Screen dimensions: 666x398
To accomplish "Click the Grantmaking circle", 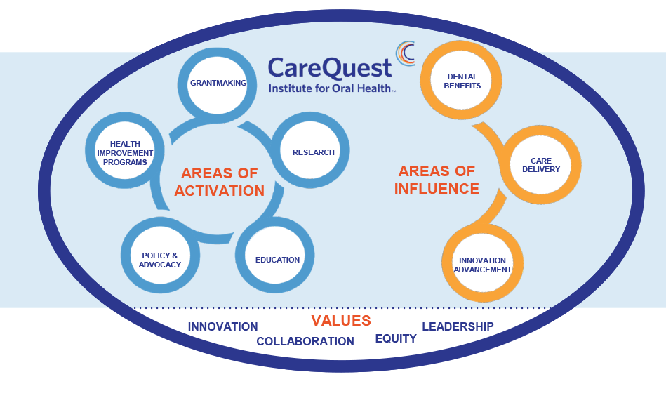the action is pyautogui.click(x=217, y=84).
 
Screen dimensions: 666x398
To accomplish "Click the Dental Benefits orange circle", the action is pyautogui.click(x=461, y=80).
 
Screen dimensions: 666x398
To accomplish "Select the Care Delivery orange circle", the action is pyautogui.click(x=540, y=165).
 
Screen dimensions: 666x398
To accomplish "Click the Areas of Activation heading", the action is pyautogui.click(x=220, y=182).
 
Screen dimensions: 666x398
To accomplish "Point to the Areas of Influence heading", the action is pyautogui.click(x=437, y=180).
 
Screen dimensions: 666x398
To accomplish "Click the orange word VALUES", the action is pyautogui.click(x=341, y=321).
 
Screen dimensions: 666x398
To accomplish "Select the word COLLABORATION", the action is pyautogui.click(x=305, y=341).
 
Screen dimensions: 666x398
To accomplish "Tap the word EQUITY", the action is pyautogui.click(x=396, y=338).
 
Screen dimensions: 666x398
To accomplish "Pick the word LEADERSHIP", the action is pyautogui.click(x=458, y=326).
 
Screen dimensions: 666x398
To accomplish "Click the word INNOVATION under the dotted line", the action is pyautogui.click(x=222, y=326).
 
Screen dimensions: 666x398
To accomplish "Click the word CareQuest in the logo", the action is pyautogui.click(x=330, y=68).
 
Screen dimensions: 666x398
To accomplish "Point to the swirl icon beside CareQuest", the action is pyautogui.click(x=405, y=53).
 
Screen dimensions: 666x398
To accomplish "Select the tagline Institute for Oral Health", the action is pyautogui.click(x=330, y=88).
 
